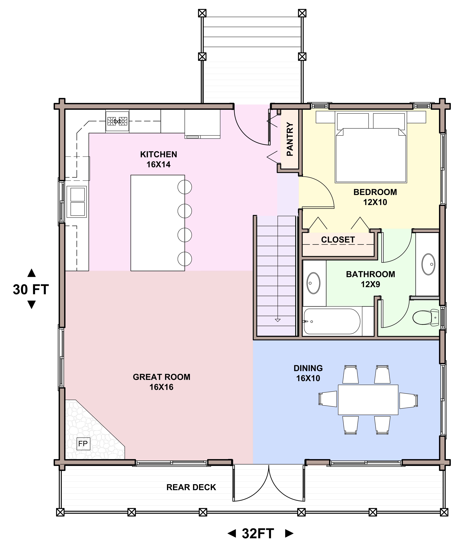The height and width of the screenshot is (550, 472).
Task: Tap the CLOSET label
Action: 338,240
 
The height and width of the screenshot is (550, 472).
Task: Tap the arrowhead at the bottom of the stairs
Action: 278,320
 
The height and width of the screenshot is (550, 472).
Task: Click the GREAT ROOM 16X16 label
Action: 162,382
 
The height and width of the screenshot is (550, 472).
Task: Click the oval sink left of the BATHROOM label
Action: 313,283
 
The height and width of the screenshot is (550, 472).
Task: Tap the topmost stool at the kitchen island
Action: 185,187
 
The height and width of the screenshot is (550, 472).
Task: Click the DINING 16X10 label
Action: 308,373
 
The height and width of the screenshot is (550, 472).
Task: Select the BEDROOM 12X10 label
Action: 375,197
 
